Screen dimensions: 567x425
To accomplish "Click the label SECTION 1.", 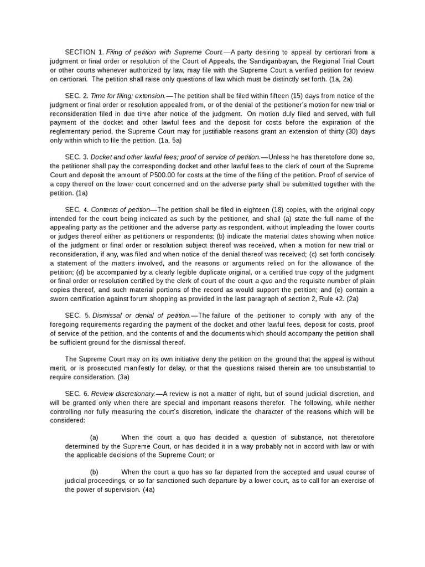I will pyautogui.click(x=84, y=52).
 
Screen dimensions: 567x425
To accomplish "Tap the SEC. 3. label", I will pyautogui.click(x=76, y=157).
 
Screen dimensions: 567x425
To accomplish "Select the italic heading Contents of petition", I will pyautogui.click(x=120, y=210).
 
